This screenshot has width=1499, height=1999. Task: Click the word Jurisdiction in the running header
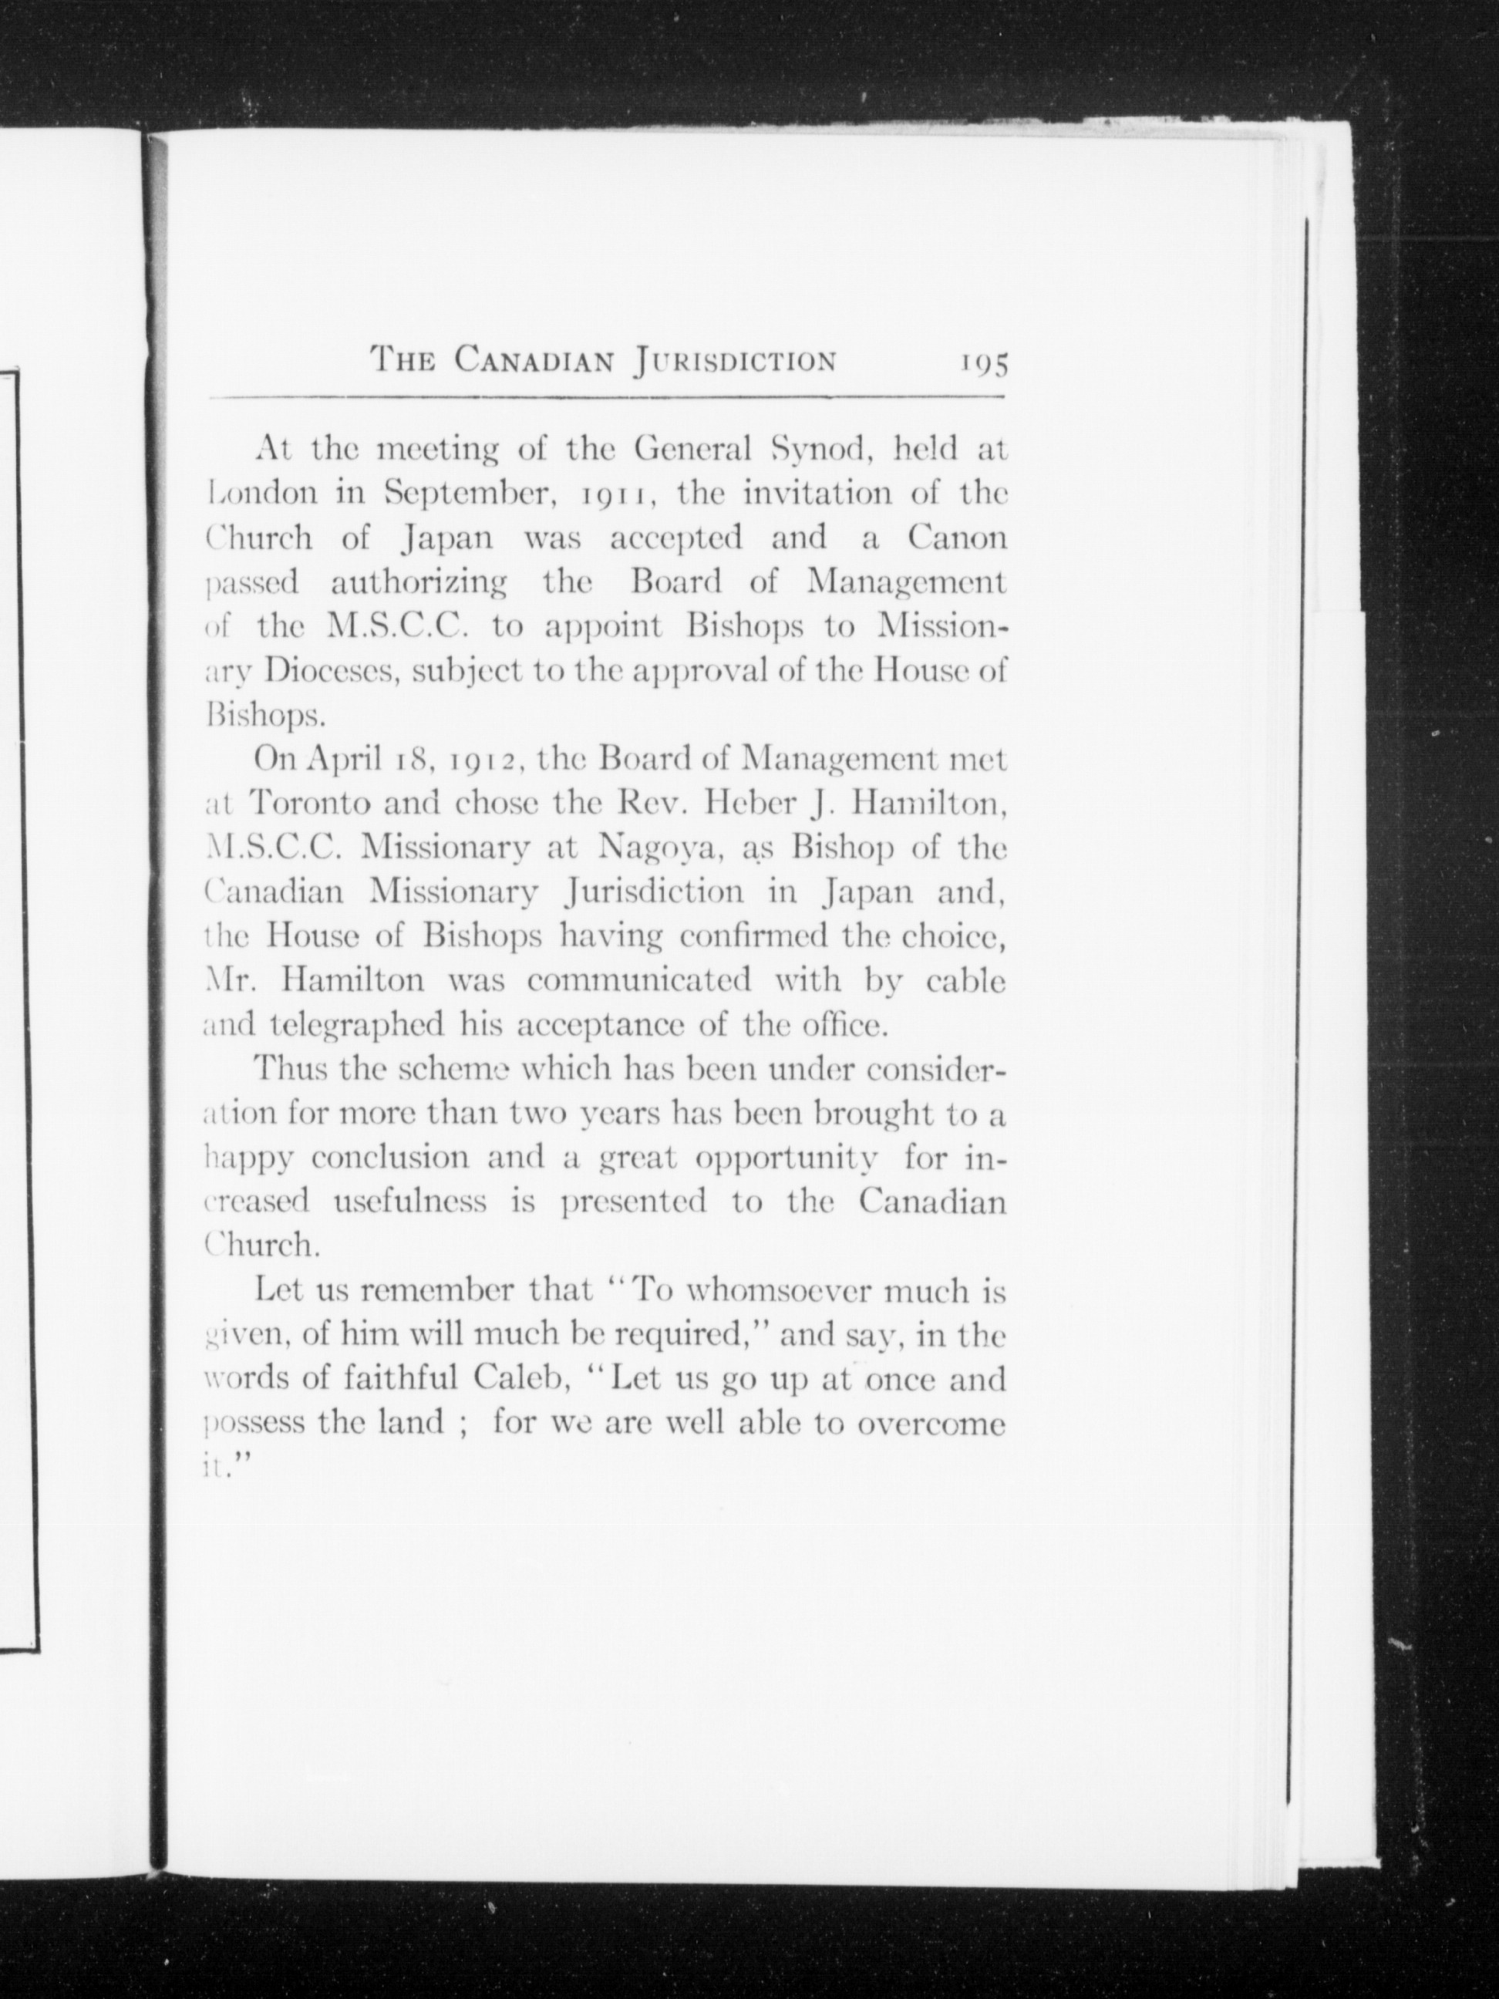coord(736,362)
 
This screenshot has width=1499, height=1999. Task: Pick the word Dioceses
coord(325,670)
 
